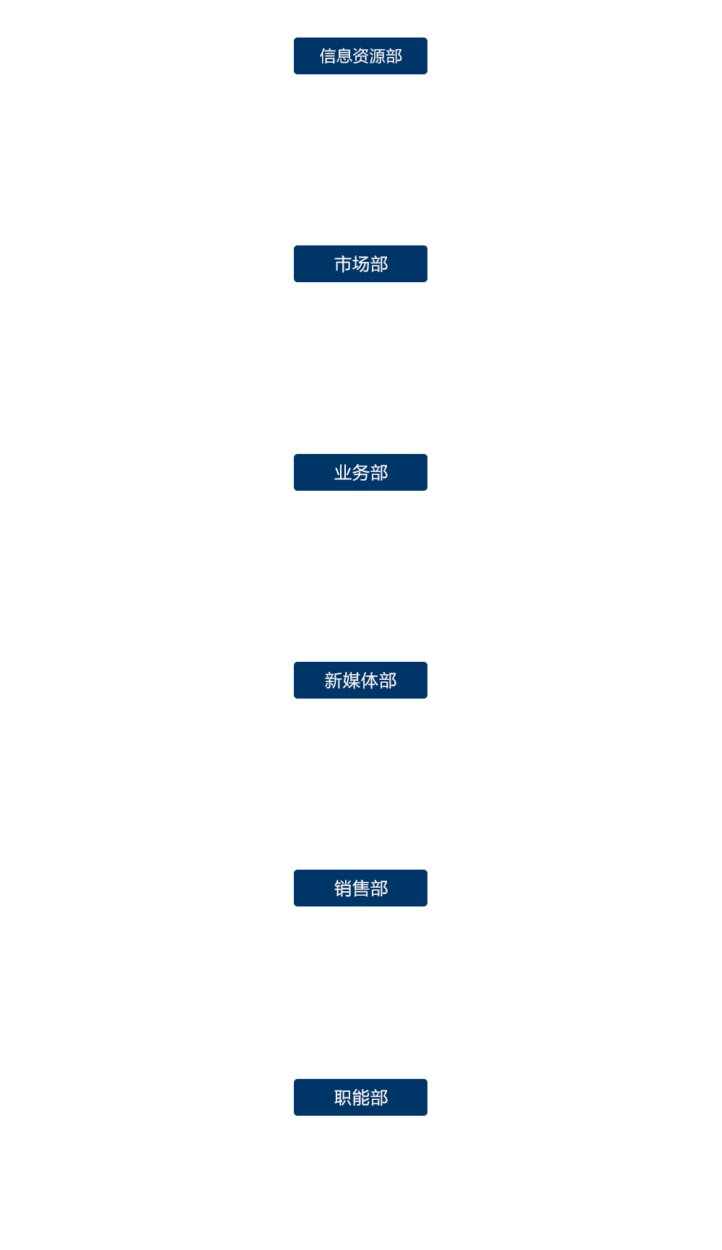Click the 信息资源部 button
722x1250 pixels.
pos(360,56)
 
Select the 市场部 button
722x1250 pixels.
pos(360,263)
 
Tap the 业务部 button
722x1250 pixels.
pos(360,472)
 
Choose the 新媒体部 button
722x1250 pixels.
pos(360,680)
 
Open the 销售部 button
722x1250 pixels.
pos(360,888)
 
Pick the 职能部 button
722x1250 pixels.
pos(360,1097)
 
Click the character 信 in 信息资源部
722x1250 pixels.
pos(328,56)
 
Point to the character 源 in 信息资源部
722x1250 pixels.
pos(378,56)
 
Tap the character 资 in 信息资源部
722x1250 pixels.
pos(361,56)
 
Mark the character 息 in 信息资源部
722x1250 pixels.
pos(344,56)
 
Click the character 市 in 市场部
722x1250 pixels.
pos(343,264)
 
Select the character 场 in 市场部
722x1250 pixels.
pos(361,264)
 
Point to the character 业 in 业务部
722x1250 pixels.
pos(343,473)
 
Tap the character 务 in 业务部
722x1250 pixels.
pos(361,473)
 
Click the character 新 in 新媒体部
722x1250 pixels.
pos(334,681)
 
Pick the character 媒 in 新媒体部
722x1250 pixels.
pos(352,681)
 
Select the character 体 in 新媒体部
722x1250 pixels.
pos(370,681)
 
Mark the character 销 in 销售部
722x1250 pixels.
pos(343,888)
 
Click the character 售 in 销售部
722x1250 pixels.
pos(361,888)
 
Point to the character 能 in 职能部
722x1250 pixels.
pos(361,1098)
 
